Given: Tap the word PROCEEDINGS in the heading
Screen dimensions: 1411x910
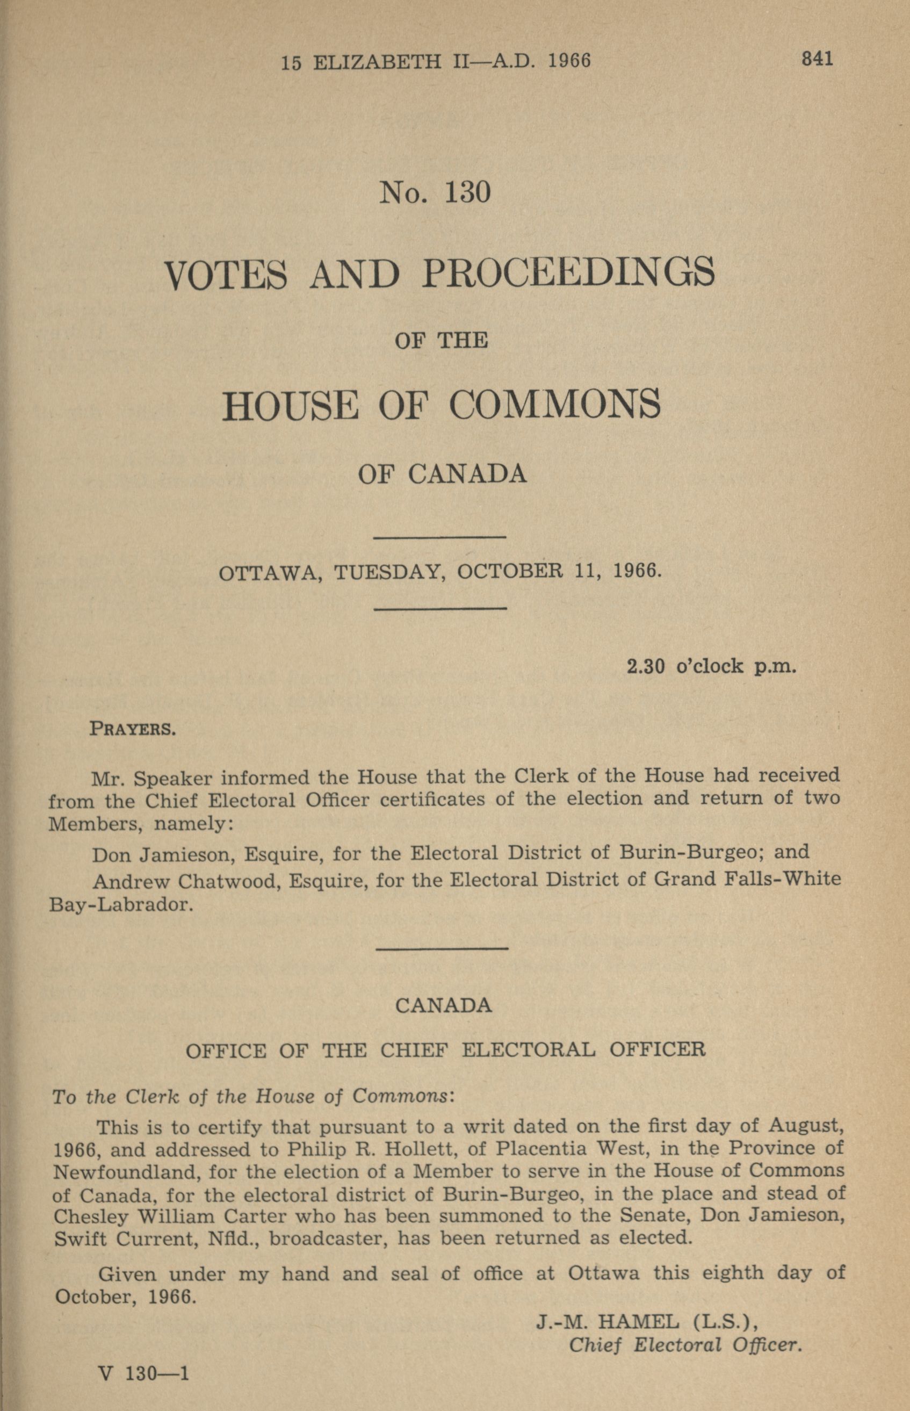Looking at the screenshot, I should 568,273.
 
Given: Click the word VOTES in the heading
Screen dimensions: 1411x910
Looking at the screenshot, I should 226,275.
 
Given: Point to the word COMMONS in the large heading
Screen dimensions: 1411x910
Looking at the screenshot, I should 554,405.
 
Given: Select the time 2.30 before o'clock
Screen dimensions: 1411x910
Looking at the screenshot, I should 646,666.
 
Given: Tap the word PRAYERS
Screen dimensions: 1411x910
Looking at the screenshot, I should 132,729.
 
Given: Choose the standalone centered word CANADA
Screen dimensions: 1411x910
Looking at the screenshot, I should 443,1006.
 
